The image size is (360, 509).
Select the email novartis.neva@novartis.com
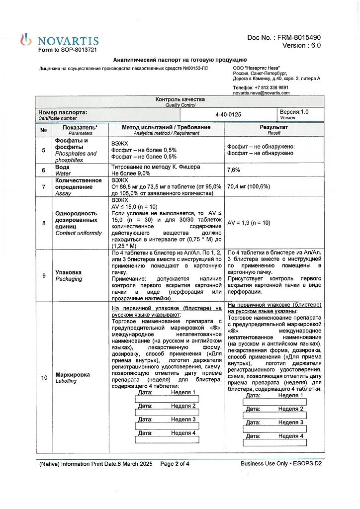click(261, 93)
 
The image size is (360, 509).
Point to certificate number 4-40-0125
click(228, 114)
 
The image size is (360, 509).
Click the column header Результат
click(273, 127)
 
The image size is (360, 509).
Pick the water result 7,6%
click(234, 170)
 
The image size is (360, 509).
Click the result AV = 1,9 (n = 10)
click(249, 223)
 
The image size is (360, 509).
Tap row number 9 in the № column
click(43, 275)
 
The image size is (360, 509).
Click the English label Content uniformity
click(78, 233)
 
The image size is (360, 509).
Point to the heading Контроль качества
click(180, 99)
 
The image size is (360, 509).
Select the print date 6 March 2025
click(135, 464)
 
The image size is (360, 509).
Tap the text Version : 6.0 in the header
click(301, 45)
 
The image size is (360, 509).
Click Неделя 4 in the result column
click(291, 436)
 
